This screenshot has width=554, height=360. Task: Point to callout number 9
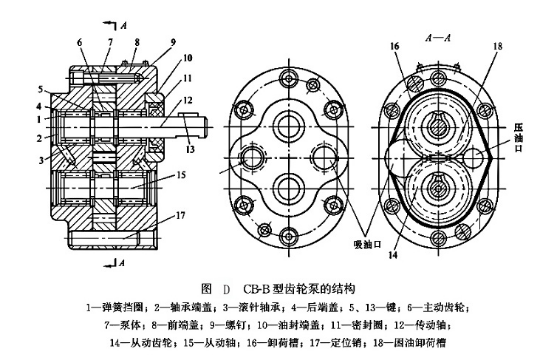(173, 41)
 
